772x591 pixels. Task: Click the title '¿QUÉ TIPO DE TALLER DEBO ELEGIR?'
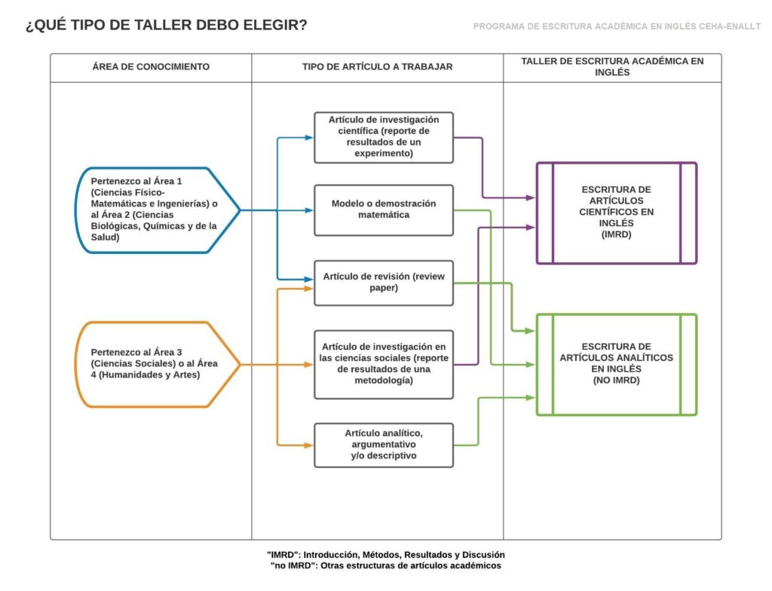pyautogui.click(x=167, y=26)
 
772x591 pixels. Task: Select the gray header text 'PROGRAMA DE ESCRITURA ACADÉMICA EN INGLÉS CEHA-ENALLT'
pyautogui.click(x=617, y=26)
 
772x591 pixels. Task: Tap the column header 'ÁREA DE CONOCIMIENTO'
pyautogui.click(x=151, y=67)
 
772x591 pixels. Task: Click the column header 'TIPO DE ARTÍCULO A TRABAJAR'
pyautogui.click(x=377, y=67)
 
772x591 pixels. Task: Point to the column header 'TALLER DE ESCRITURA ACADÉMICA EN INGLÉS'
pyautogui.click(x=612, y=67)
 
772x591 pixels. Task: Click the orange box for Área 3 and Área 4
pyautogui.click(x=155, y=364)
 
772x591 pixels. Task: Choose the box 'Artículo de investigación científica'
pyautogui.click(x=384, y=136)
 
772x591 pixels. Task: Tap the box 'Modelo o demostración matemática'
pyautogui.click(x=384, y=210)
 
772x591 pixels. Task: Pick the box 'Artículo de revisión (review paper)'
pyautogui.click(x=384, y=282)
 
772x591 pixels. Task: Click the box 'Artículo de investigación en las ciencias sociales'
pyautogui.click(x=384, y=364)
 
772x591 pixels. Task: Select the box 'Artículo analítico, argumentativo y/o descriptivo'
pyautogui.click(x=384, y=445)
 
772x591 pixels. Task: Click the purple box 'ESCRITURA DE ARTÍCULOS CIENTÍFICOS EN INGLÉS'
pyautogui.click(x=616, y=213)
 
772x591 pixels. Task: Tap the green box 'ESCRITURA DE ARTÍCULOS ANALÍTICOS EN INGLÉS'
pyautogui.click(x=616, y=364)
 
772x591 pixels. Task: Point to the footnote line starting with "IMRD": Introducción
pyautogui.click(x=385, y=554)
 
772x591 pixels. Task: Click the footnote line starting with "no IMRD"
pyautogui.click(x=385, y=565)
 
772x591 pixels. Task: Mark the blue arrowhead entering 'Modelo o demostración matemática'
pyautogui.click(x=309, y=210)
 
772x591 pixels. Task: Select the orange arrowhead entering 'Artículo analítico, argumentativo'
pyautogui.click(x=309, y=445)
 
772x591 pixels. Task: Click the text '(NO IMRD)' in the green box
pyautogui.click(x=616, y=381)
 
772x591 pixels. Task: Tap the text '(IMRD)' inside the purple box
pyautogui.click(x=616, y=235)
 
